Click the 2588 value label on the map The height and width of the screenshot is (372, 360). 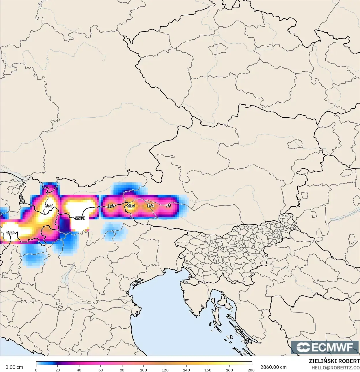click(x=80, y=218)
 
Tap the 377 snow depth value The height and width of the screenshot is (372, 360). click(x=49, y=206)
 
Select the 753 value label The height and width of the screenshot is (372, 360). click(x=10, y=233)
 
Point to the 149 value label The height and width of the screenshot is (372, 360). click(x=111, y=206)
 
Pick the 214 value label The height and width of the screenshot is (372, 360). click(x=131, y=206)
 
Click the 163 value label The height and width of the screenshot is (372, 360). click(x=150, y=206)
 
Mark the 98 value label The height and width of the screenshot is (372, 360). click(x=168, y=206)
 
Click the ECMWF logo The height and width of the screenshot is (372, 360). click(x=325, y=347)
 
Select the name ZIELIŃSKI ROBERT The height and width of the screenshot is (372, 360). click(x=334, y=361)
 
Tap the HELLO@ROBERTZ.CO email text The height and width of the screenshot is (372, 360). click(x=335, y=368)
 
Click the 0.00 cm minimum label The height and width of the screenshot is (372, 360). click(x=14, y=367)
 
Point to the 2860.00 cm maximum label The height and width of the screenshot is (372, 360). click(x=273, y=367)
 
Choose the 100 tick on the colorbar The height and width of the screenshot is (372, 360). click(x=143, y=370)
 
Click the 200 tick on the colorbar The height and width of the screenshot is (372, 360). click(x=251, y=370)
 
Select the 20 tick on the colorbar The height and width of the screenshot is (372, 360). click(x=58, y=370)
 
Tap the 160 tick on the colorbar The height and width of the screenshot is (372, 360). click(x=208, y=370)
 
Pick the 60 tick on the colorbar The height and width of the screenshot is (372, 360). click(x=100, y=370)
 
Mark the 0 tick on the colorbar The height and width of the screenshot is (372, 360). click(x=36, y=370)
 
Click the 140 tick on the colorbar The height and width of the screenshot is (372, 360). click(x=186, y=370)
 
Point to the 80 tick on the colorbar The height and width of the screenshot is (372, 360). click(x=122, y=370)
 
